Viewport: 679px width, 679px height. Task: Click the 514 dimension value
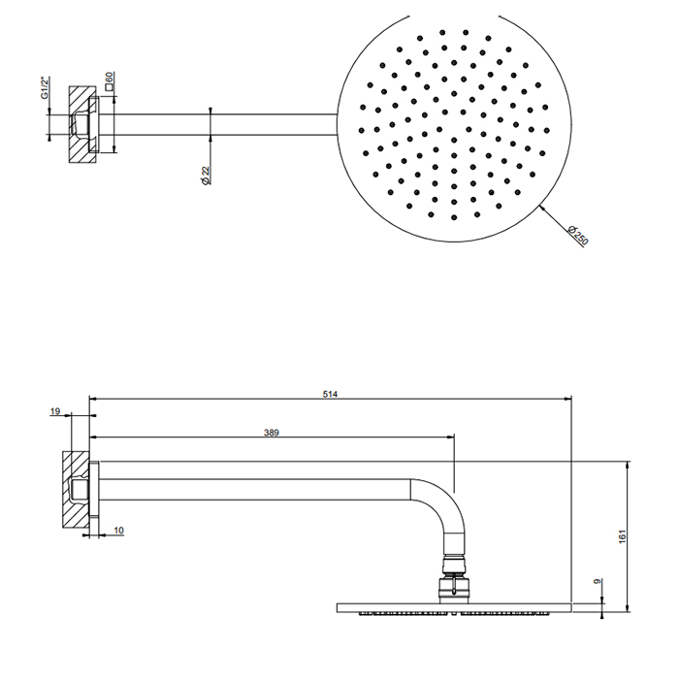pyautogui.click(x=330, y=394)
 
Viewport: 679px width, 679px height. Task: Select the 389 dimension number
pyautogui.click(x=272, y=433)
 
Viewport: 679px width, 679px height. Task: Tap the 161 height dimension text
pyautogui.click(x=623, y=536)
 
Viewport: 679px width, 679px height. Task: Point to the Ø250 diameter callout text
pyautogui.click(x=578, y=235)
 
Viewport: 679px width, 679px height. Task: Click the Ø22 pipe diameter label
pyautogui.click(x=206, y=176)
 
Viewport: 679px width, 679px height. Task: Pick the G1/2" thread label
pyautogui.click(x=46, y=88)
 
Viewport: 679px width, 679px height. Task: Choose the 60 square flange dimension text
pyautogui.click(x=109, y=77)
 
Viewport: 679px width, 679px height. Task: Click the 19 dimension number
pyautogui.click(x=55, y=411)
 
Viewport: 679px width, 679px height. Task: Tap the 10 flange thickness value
pyautogui.click(x=119, y=530)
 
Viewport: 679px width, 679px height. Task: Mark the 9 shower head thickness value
pyautogui.click(x=598, y=581)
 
